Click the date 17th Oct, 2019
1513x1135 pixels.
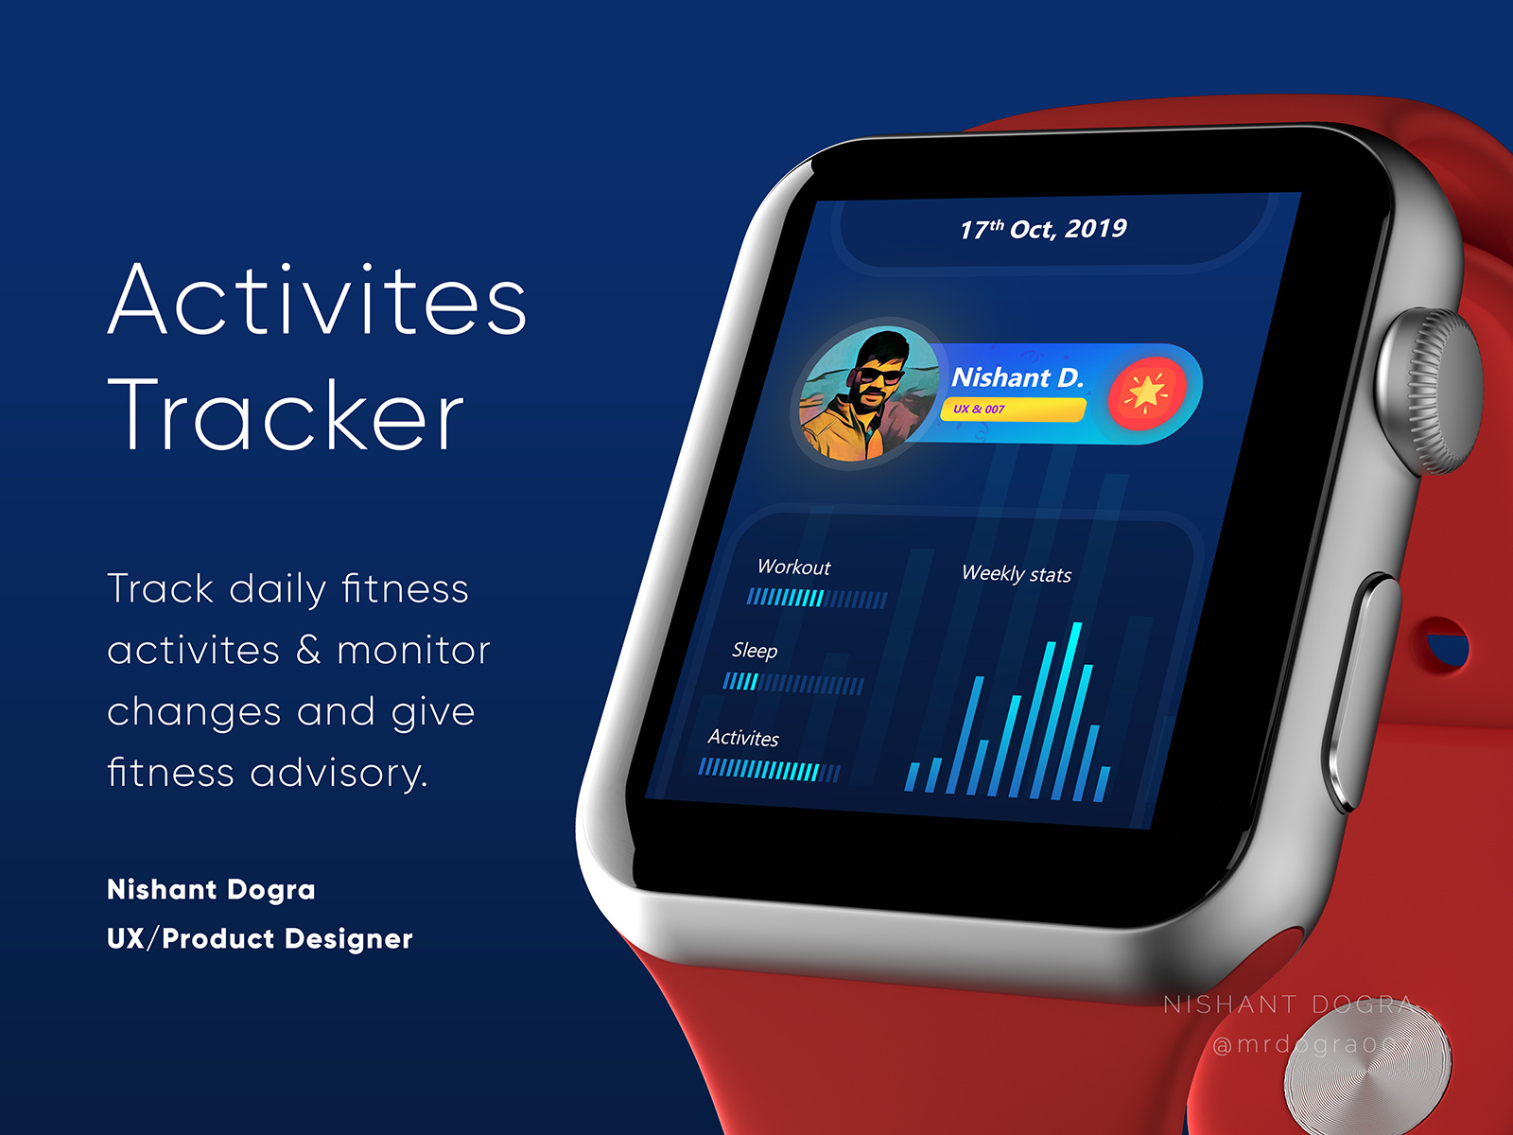tap(1043, 229)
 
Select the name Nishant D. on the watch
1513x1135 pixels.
tap(1017, 377)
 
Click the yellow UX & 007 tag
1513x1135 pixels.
tap(1013, 410)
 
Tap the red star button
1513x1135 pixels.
tap(1146, 393)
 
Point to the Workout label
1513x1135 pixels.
tap(793, 567)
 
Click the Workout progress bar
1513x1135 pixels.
tap(817, 599)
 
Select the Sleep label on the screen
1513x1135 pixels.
tap(755, 651)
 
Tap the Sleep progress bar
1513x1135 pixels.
tap(793, 683)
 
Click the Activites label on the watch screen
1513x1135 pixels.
tap(743, 738)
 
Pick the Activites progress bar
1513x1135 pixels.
tap(769, 770)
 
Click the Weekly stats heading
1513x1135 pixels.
tap(1017, 574)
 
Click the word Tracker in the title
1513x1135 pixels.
tap(286, 415)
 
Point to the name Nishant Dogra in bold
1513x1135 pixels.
tap(211, 889)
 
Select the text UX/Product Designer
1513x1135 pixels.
tap(260, 938)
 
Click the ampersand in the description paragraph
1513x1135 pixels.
tap(308, 651)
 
